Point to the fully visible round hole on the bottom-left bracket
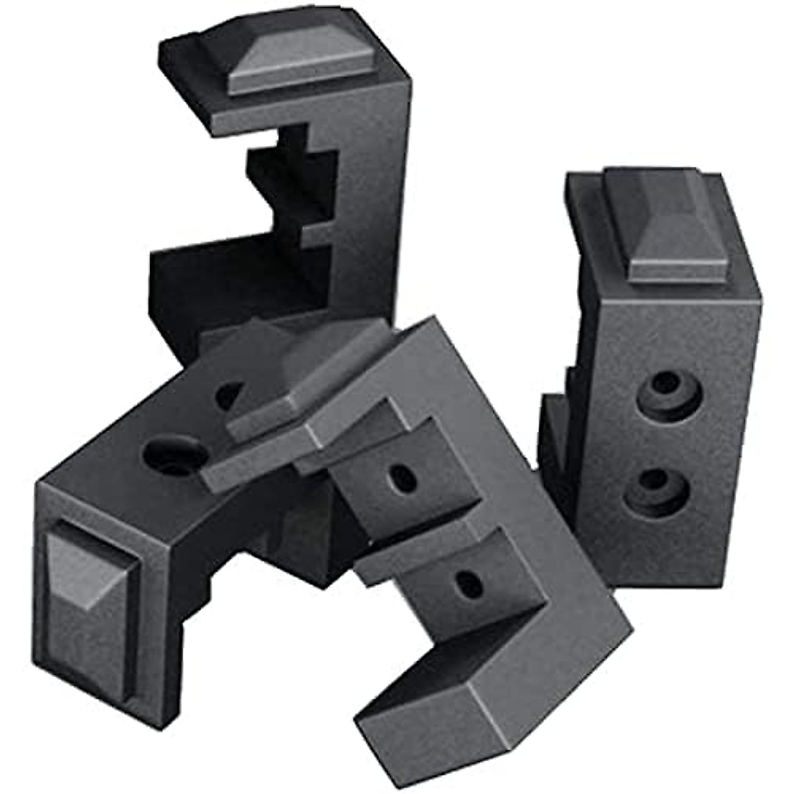click(173, 457)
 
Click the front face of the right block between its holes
click(662, 440)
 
